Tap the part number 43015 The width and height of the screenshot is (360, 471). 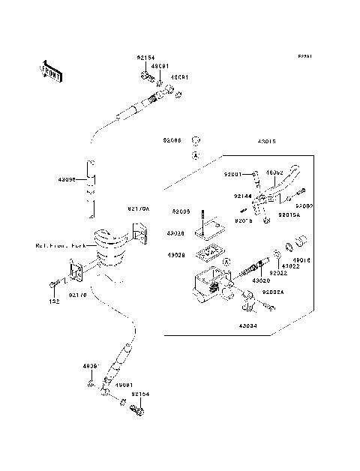(x=267, y=140)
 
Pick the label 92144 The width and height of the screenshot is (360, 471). (x=241, y=196)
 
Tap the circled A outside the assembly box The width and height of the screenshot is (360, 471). (x=194, y=155)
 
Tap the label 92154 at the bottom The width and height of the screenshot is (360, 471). (x=140, y=393)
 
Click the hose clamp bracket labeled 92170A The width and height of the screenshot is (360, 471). (x=138, y=233)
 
